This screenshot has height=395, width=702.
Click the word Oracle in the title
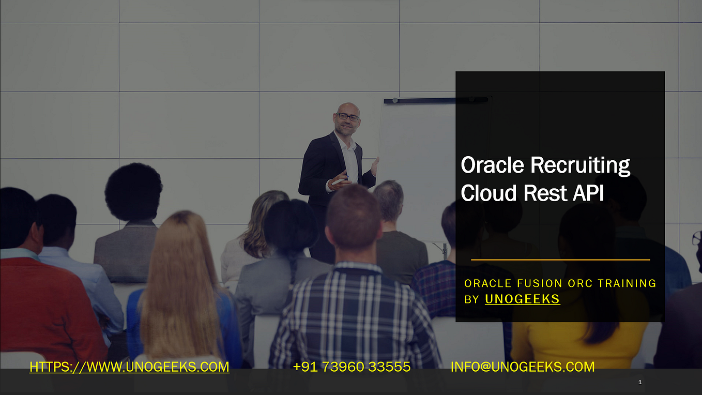click(493, 165)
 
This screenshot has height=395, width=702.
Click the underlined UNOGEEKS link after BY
click(522, 299)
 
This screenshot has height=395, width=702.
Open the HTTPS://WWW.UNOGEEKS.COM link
click(129, 367)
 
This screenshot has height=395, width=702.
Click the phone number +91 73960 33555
click(352, 367)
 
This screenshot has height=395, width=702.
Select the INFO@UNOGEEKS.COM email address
click(522, 367)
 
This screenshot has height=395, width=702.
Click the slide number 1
click(640, 383)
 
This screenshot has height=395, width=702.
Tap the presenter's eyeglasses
click(347, 117)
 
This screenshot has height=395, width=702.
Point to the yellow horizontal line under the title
click(560, 260)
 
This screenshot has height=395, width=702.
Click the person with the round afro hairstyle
click(133, 191)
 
